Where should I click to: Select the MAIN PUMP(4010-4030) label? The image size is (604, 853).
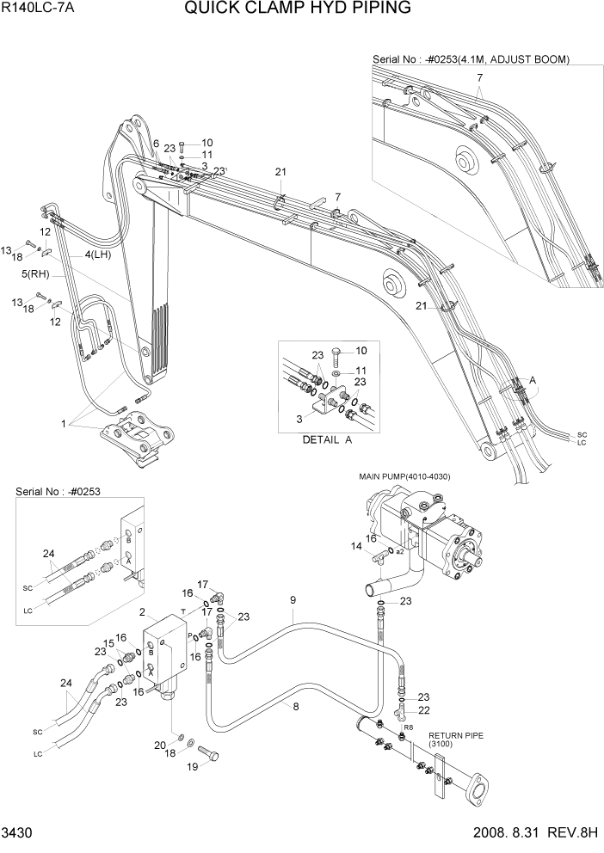tap(404, 476)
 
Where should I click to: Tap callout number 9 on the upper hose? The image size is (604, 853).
tap(293, 599)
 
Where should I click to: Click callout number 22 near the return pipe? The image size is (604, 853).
tap(422, 710)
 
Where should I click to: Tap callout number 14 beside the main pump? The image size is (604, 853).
tap(356, 546)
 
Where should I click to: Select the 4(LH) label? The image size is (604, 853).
tap(99, 255)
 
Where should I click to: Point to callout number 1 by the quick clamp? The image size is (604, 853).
tap(63, 423)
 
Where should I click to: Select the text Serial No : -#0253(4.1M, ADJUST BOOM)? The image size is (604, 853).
tap(471, 59)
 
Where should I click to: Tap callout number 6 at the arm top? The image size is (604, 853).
tap(157, 144)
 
